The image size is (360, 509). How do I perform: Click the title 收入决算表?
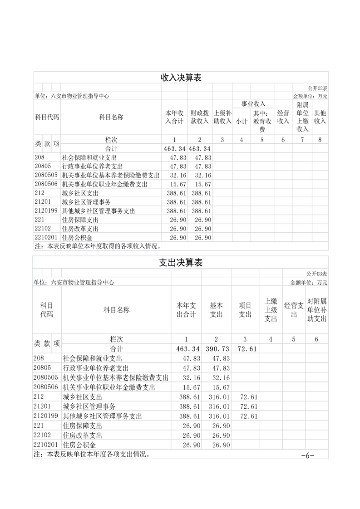181,78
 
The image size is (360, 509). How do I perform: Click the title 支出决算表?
181,263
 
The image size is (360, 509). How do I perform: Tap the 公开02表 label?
317,88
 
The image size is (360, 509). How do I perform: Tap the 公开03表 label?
317,274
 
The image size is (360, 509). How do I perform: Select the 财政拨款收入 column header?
199,117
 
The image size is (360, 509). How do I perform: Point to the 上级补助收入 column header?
222,117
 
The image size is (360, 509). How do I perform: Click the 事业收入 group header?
253,104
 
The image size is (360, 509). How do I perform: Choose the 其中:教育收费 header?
262,121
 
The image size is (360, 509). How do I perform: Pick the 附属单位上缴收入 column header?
302,117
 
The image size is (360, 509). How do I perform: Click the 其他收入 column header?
320,117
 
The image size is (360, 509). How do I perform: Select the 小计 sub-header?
241,121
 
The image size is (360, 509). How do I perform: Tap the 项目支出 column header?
245,310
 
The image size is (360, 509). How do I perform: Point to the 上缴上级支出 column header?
271,310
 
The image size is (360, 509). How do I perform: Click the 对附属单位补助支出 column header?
317,310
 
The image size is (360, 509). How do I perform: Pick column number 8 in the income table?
320,140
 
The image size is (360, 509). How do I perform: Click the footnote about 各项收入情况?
98,246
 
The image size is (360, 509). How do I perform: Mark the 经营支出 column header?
294,310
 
